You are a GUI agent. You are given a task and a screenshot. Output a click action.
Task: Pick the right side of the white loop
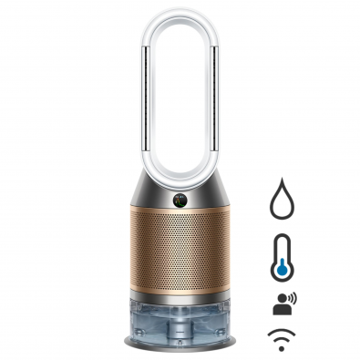tap(212, 82)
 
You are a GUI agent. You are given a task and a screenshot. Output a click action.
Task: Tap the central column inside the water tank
tap(180, 319)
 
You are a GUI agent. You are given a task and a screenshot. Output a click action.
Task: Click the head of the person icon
tap(276, 299)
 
